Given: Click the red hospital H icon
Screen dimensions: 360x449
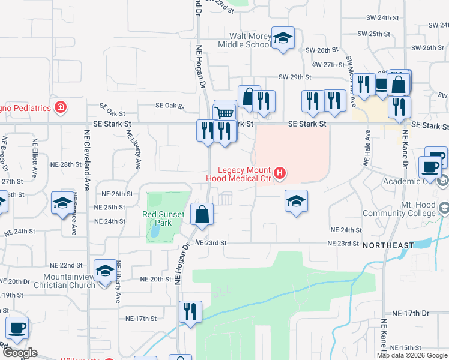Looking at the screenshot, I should coord(279,175).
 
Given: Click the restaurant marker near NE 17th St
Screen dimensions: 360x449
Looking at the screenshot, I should coord(190,311).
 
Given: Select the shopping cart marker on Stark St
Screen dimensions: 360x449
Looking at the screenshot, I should coord(224,112).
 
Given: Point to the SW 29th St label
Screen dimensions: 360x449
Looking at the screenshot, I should coord(295,77).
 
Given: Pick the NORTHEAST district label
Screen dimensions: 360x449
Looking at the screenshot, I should coord(389,245).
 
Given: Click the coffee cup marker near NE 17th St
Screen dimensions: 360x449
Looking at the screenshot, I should coord(17,328).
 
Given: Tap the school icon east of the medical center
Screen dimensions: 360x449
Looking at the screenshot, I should coord(295,202).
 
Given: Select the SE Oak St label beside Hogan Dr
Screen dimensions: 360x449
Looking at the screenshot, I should coord(169,106).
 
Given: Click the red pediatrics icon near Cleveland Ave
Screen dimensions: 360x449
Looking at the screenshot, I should coord(60,108).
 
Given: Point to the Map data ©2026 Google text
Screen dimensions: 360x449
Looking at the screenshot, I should coord(412,355).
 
